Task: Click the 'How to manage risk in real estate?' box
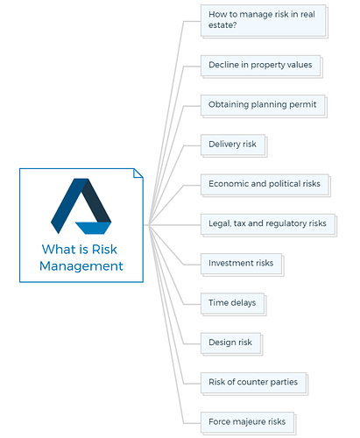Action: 264,21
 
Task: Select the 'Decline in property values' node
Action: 262,67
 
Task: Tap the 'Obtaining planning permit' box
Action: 264,106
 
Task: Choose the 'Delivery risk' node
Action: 234,145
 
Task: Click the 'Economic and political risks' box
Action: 265,186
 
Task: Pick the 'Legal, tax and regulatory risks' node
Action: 269,225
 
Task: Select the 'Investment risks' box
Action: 242,265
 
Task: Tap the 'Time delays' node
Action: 234,305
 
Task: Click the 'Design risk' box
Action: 231,344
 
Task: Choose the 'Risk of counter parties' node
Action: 254,384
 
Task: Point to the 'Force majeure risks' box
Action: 248,423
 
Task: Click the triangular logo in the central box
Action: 81,206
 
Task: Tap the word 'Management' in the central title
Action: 81,266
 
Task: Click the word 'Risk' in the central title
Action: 104,250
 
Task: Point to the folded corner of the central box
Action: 138,173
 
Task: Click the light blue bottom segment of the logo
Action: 93,228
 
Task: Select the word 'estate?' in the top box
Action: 222,25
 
